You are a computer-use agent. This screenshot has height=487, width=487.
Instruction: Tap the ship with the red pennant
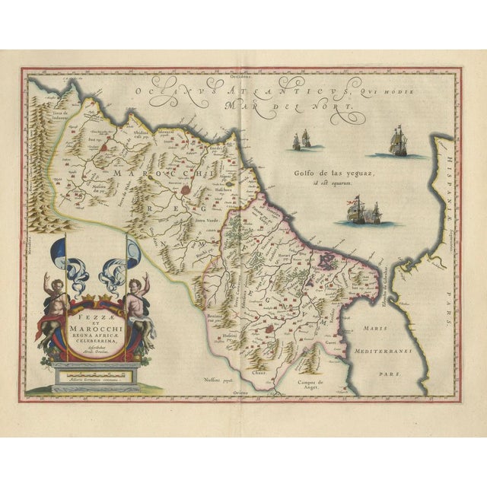(359, 209)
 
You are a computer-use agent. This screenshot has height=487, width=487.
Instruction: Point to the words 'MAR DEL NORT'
(298, 107)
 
